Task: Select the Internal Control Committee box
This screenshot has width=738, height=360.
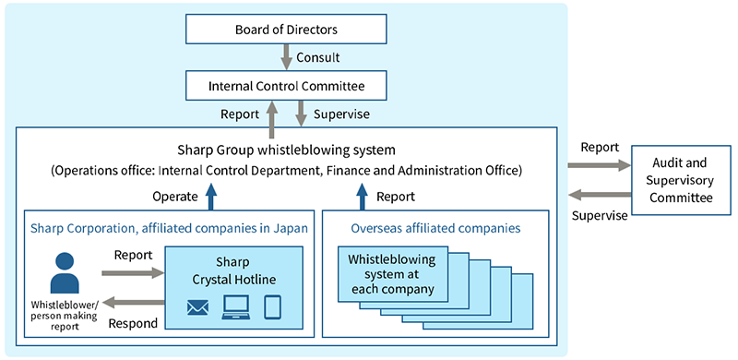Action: pyautogui.click(x=285, y=88)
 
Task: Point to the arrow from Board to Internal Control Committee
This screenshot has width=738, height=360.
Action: pyautogui.click(x=285, y=57)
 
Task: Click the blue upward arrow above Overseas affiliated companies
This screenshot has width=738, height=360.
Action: pyautogui.click(x=362, y=196)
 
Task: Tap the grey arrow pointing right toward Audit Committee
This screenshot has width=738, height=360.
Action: pyautogui.click(x=596, y=166)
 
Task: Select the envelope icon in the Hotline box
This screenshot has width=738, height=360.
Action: pyautogui.click(x=197, y=307)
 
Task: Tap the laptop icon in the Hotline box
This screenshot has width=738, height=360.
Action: pyautogui.click(x=236, y=307)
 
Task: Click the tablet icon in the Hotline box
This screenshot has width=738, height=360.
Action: pyautogui.click(x=272, y=307)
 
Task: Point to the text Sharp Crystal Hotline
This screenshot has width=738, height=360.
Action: pyautogui.click(x=233, y=270)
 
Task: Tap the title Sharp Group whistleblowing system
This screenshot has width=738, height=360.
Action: pyautogui.click(x=285, y=150)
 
